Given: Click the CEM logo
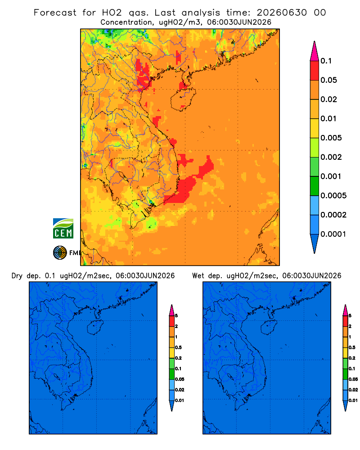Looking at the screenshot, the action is (x=63, y=228).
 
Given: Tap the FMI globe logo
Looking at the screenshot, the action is (x=60, y=253).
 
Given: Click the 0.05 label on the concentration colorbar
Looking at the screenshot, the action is (x=328, y=80).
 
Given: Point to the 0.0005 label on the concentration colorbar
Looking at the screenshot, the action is (x=333, y=196).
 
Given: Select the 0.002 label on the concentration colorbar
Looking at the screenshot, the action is (x=331, y=157).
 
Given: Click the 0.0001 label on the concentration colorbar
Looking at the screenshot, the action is (x=333, y=234).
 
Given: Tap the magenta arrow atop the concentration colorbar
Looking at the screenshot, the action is (x=315, y=51).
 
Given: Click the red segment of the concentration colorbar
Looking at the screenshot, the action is (x=315, y=71).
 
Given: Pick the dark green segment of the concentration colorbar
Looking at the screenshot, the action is (x=315, y=186).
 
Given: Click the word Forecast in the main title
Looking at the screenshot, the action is (x=55, y=13).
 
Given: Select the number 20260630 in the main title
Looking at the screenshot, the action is (x=282, y=13).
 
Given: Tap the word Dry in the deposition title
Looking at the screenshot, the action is (x=17, y=276).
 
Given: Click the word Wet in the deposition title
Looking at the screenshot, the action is (x=198, y=276).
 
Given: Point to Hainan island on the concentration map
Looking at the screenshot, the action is (x=183, y=99).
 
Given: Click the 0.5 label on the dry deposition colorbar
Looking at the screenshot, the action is (x=178, y=347).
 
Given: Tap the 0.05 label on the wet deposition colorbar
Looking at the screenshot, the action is (x=353, y=379).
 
